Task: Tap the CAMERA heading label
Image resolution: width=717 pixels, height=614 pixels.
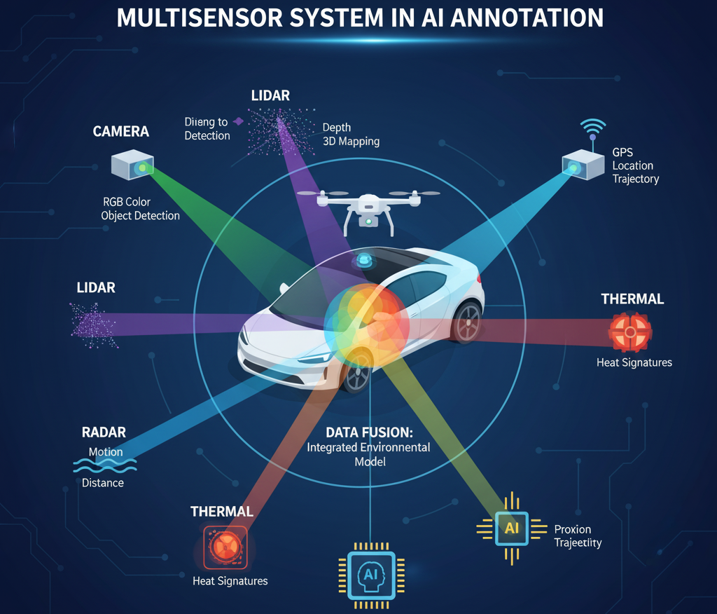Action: tap(121, 132)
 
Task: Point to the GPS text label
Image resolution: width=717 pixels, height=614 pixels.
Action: tap(622, 151)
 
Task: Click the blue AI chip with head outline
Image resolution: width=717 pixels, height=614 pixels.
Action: tap(371, 575)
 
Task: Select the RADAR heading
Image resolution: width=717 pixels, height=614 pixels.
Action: tap(103, 432)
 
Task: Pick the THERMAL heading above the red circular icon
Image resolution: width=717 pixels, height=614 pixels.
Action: tap(632, 299)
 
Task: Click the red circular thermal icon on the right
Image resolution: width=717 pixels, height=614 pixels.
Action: tap(630, 332)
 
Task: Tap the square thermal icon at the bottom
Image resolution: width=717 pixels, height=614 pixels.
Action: tap(225, 546)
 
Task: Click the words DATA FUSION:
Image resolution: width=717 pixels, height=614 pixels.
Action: tap(368, 432)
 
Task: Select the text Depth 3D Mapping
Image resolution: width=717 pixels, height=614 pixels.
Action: tap(350, 135)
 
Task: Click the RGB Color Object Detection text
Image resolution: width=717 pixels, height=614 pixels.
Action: tap(140, 209)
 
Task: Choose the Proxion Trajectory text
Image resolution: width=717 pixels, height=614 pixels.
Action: tap(578, 536)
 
